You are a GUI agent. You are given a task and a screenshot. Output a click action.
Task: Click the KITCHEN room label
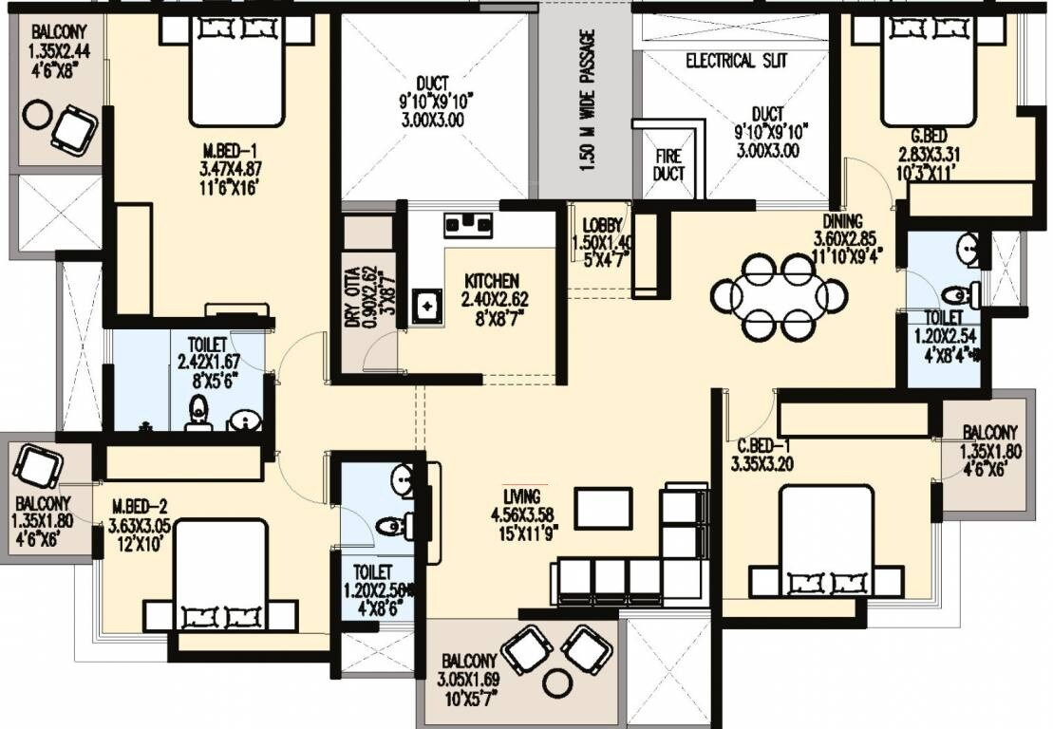coord(492,282)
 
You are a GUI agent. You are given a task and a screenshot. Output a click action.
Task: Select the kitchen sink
coord(428,306)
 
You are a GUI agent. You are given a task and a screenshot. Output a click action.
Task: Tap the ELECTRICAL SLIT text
coord(735,61)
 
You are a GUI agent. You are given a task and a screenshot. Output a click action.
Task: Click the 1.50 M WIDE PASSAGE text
coord(589,100)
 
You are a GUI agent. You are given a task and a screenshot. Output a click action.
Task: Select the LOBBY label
coord(602,226)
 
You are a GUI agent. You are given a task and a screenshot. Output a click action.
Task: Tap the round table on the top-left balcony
coord(38,117)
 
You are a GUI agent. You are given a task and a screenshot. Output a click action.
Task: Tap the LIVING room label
coord(522,496)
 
